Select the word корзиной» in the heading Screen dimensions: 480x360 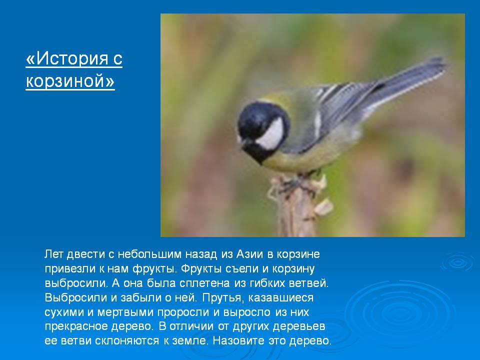pos(70,81)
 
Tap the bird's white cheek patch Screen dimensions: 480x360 pos(270,134)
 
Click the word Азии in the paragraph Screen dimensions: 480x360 pos(250,254)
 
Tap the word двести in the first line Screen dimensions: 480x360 pos(85,254)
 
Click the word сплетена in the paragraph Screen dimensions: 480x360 pos(205,283)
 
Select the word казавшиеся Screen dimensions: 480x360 pos(280,298)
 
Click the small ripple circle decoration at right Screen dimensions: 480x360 pos(458,262)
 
